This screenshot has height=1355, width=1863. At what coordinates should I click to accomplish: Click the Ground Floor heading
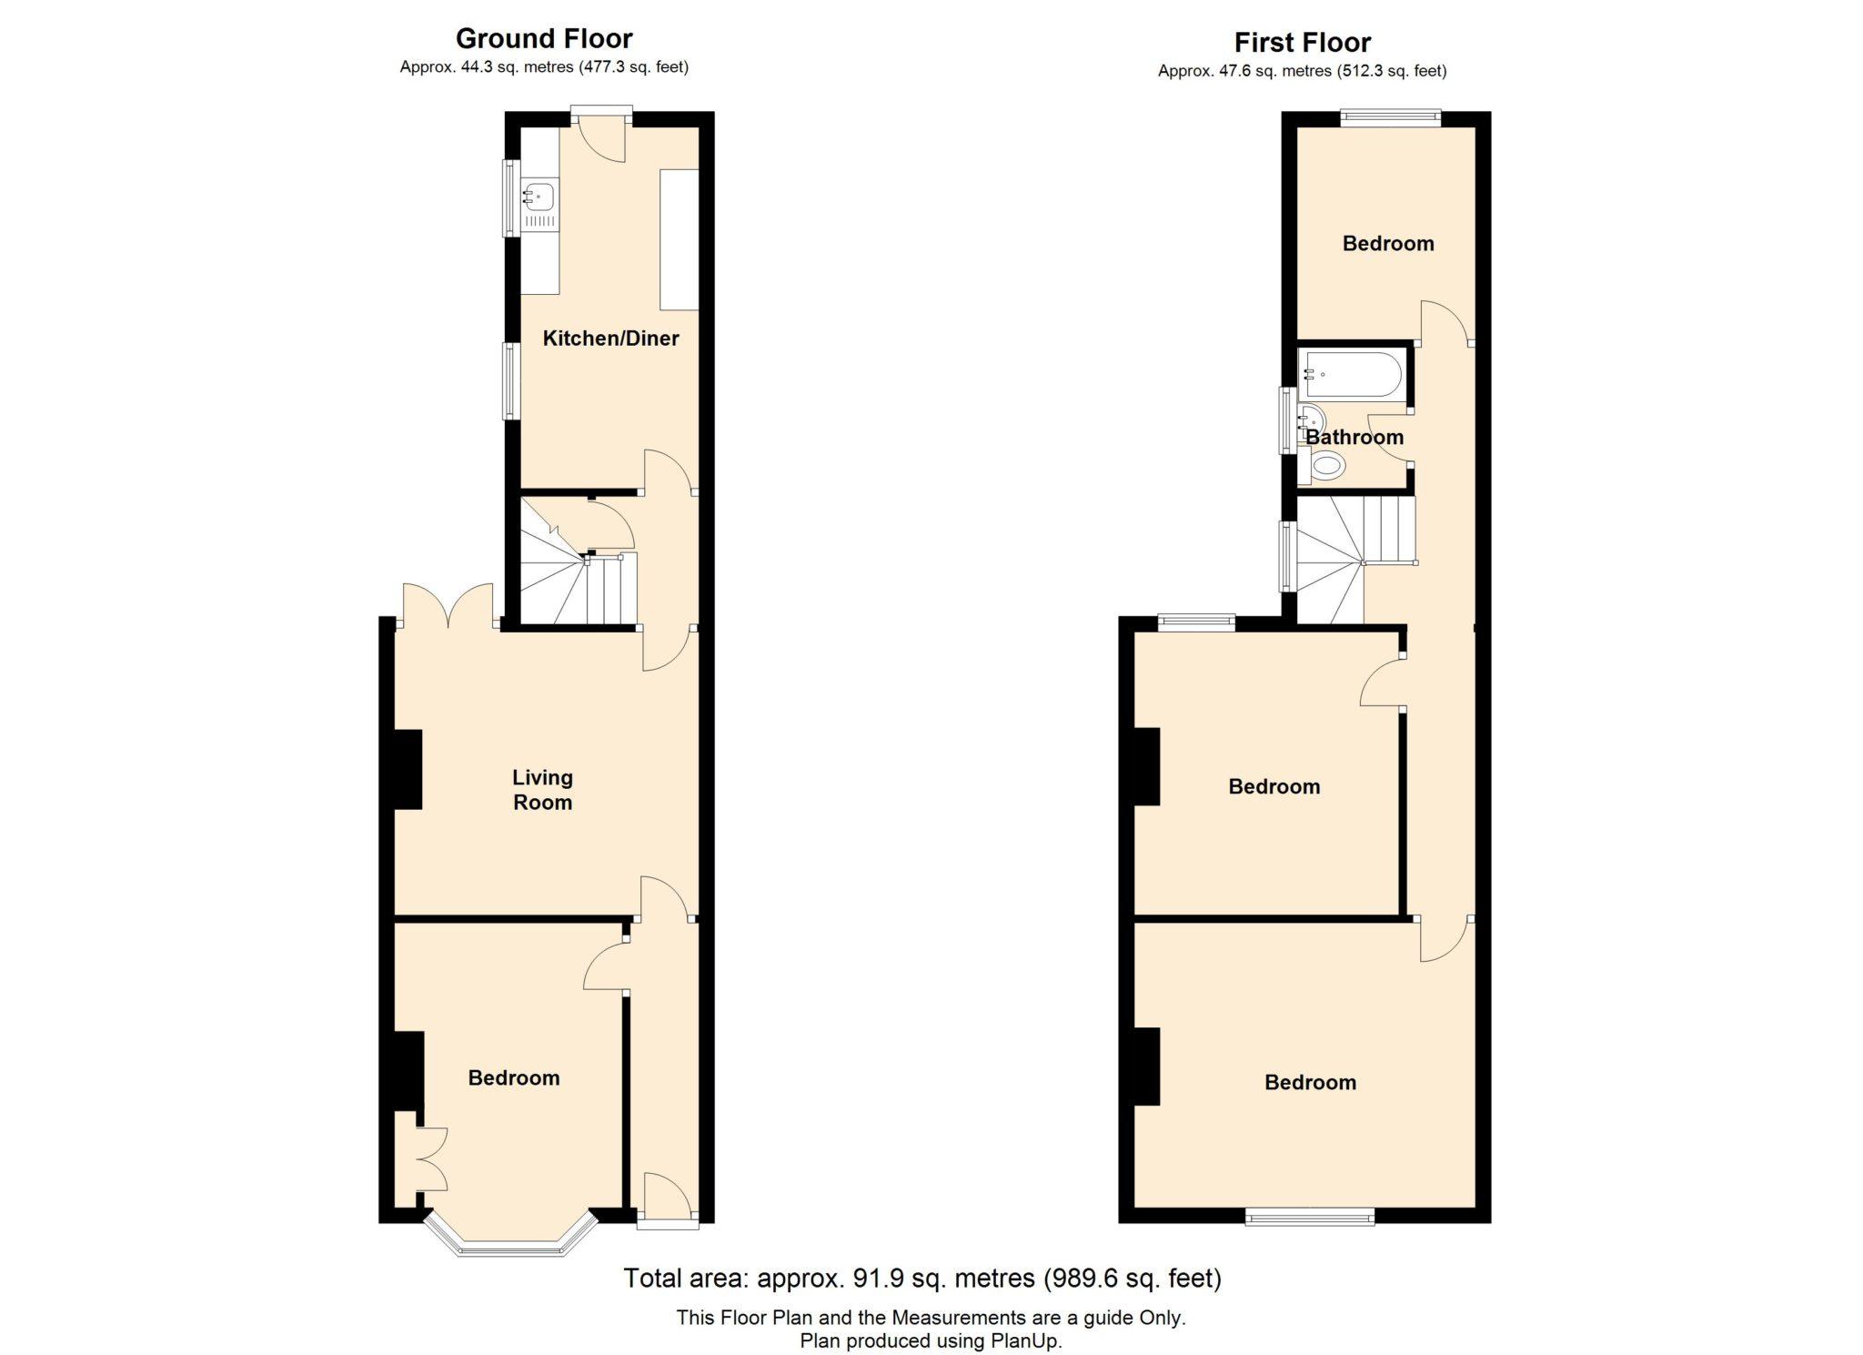(544, 38)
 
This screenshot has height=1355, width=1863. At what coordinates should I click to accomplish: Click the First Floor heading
(1302, 42)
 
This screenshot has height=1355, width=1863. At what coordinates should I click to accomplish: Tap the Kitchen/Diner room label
(610, 339)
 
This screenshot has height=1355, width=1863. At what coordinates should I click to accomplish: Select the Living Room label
(542, 789)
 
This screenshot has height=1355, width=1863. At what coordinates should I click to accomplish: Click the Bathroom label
(1354, 437)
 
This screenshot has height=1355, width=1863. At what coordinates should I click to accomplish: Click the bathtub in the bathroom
(1353, 374)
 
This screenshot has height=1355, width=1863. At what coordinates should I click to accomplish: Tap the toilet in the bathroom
(1324, 467)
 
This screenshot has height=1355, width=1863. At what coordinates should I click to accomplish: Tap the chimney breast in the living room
(408, 769)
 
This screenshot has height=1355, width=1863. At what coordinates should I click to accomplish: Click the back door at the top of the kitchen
(601, 135)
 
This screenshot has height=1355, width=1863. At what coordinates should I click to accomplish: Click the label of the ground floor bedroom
(513, 1078)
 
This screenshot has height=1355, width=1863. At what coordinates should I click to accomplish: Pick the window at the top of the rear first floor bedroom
(1391, 116)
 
